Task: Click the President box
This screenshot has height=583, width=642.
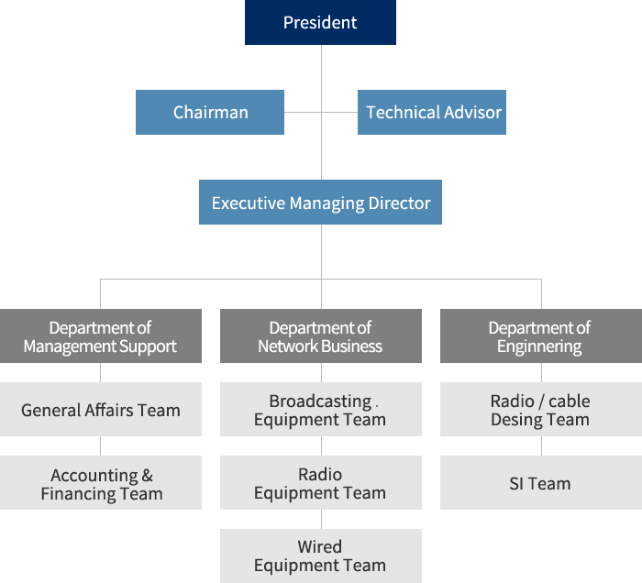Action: click(320, 22)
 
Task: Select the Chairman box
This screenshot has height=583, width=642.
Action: click(210, 112)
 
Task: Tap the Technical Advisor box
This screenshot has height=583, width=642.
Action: click(432, 112)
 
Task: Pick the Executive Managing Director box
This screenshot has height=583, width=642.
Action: click(320, 202)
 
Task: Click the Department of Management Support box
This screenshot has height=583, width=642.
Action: click(101, 335)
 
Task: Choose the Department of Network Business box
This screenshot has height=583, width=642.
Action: click(321, 335)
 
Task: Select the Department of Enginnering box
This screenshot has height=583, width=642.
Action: click(541, 335)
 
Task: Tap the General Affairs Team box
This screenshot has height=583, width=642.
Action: click(101, 409)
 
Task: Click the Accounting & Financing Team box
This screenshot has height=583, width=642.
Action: click(101, 482)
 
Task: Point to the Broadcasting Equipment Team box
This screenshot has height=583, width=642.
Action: click(321, 409)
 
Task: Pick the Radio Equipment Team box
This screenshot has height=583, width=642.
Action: click(321, 482)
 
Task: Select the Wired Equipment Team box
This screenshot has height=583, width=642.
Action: click(321, 556)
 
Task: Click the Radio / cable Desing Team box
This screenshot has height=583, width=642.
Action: click(541, 409)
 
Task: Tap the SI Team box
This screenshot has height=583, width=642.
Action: click(541, 482)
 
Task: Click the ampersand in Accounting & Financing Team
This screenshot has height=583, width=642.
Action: click(148, 476)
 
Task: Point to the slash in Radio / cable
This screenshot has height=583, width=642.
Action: click(541, 401)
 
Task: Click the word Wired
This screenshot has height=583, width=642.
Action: click(320, 546)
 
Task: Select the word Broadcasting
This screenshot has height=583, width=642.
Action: click(320, 401)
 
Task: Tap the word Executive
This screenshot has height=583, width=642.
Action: click(249, 203)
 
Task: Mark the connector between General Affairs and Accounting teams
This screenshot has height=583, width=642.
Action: click(100, 445)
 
